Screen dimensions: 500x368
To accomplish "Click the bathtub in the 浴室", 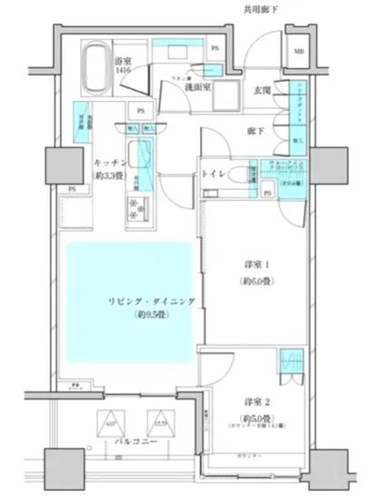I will coord(94,66).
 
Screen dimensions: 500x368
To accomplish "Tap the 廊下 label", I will coord(256,131).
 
